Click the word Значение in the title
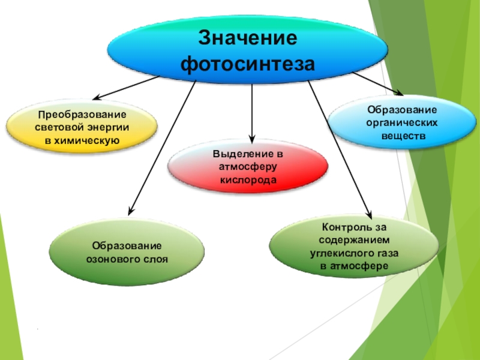pyautogui.click(x=247, y=38)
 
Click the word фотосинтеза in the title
pyautogui.click(x=247, y=62)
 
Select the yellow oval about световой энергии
pyautogui.click(x=82, y=127)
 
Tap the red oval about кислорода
pyautogui.click(x=247, y=167)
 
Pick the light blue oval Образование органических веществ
pyautogui.click(x=402, y=122)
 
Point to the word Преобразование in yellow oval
pyautogui.click(x=82, y=114)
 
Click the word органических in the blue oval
pyautogui.click(x=402, y=122)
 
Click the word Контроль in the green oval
pyautogui.click(x=345, y=227)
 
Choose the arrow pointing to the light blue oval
pyautogui.click(x=378, y=83)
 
